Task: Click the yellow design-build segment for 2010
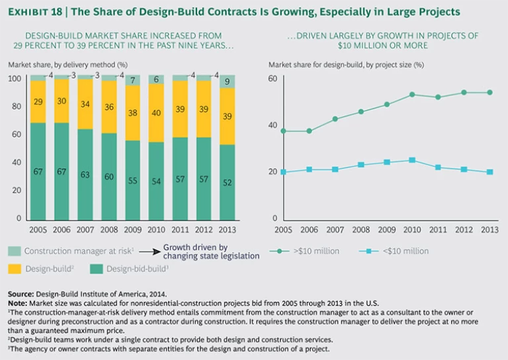point(157,112)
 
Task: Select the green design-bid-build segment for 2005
point(38,171)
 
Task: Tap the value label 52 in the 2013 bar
point(228,183)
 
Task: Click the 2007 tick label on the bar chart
point(86,230)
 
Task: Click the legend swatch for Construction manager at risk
point(15,251)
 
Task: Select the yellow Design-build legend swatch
point(15,269)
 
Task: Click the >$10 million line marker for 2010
point(412,95)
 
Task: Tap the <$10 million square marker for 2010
point(412,160)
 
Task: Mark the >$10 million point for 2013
point(490,93)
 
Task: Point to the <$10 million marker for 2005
point(284,172)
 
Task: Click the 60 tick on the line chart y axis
point(272,79)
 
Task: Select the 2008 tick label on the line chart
point(360,230)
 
